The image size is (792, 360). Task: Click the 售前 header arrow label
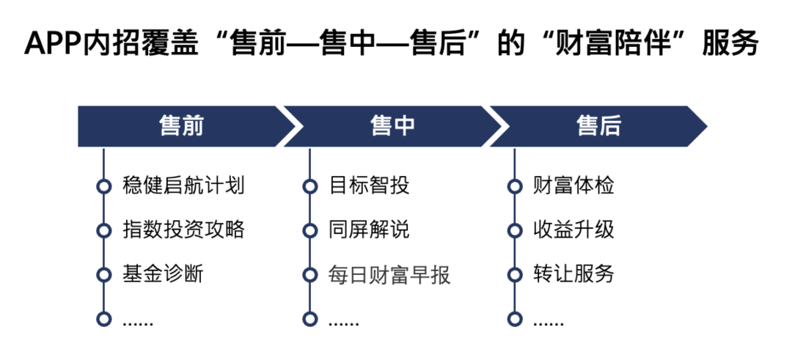pos(181,126)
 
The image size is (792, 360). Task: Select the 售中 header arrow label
pos(393,126)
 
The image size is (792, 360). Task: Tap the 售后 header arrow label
pos(598,126)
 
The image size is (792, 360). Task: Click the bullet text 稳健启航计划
pos(183,185)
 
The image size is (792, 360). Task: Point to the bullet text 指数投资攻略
pos(183,229)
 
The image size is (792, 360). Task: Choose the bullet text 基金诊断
pos(163,274)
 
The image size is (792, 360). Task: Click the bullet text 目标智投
pos(369,185)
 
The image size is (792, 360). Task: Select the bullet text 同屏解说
pos(369,229)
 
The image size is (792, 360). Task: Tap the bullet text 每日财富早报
pos(389,274)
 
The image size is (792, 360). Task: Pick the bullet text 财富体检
pos(573,185)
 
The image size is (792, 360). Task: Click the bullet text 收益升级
pos(573,229)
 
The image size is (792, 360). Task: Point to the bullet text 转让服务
pos(573,274)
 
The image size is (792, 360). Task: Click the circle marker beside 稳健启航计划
pos(104,186)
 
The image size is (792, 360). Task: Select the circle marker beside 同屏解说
pos(310,230)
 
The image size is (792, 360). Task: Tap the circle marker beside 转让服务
pos(515,275)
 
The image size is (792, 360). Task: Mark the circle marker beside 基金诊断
pos(104,275)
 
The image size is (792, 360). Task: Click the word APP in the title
pos(52,44)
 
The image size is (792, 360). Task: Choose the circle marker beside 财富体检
pos(515,186)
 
